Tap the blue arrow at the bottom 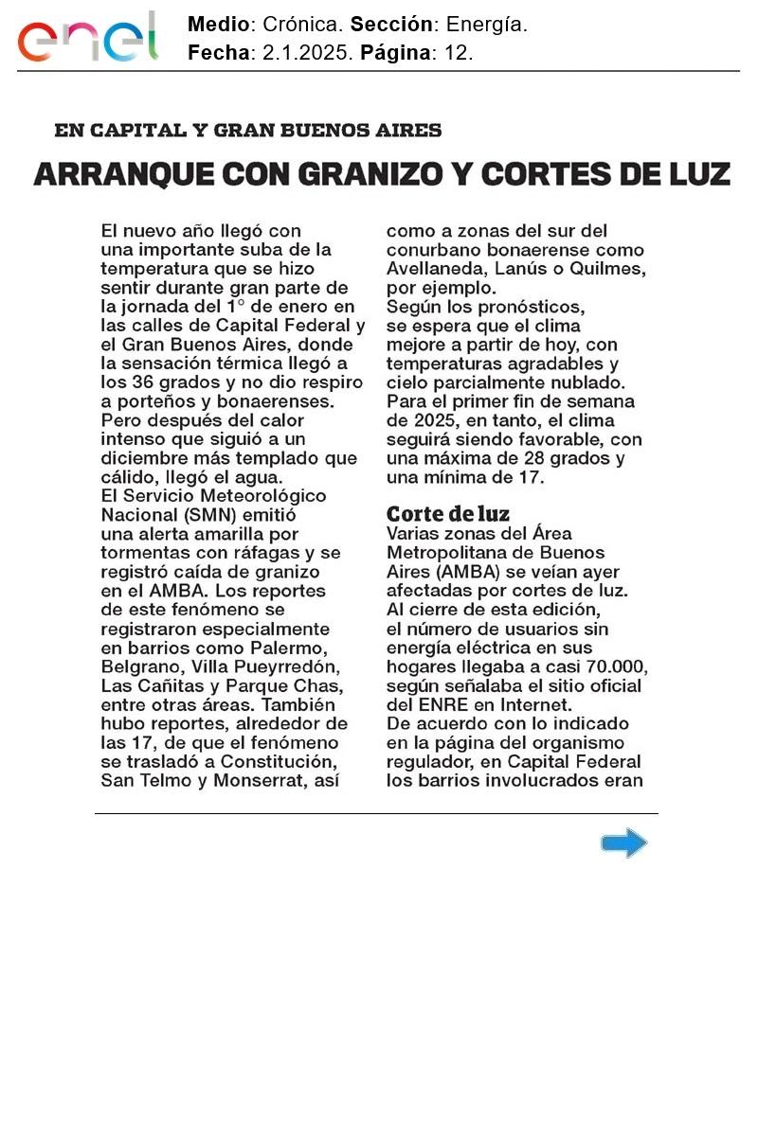tap(623, 843)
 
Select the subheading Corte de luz tap(448, 514)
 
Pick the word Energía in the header tap(486, 26)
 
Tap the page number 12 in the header tap(458, 53)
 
